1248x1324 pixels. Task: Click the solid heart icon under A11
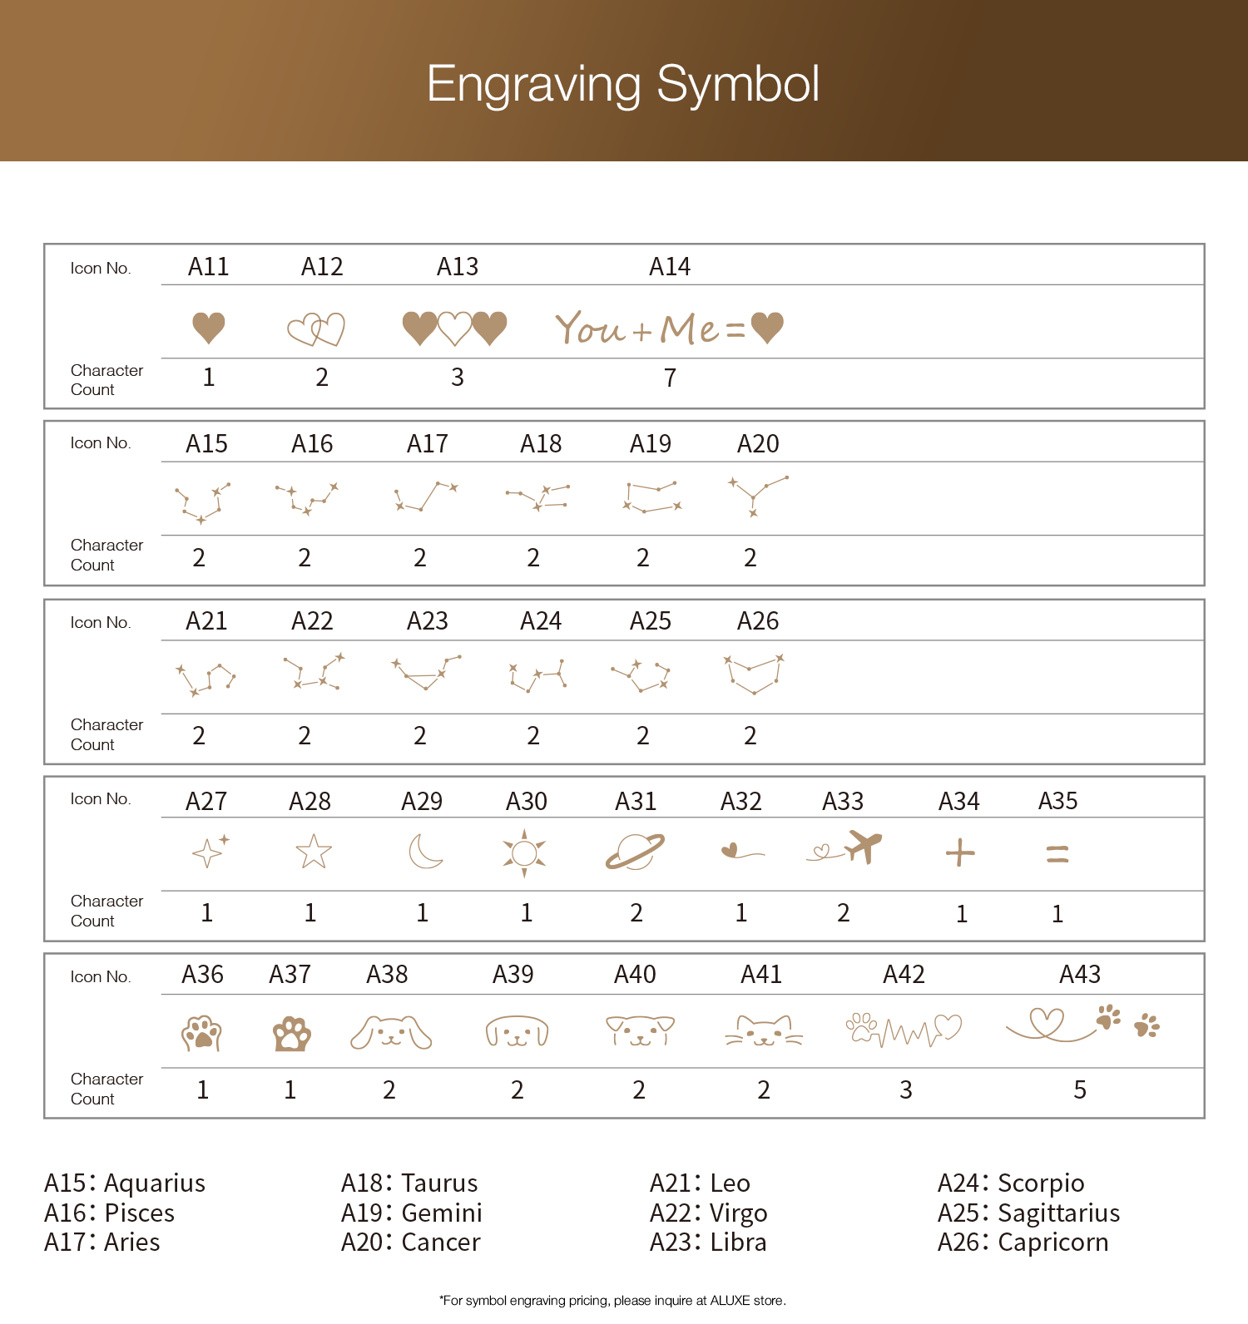(x=209, y=328)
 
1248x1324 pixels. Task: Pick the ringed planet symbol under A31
(x=635, y=852)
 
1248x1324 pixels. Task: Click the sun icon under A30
(x=524, y=852)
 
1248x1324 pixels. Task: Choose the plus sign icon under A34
(x=960, y=853)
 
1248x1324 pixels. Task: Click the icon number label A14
(x=670, y=267)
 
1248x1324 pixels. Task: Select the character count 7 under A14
(x=670, y=378)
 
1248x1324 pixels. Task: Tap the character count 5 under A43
(x=1080, y=1089)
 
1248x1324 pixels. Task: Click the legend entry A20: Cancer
(x=411, y=1242)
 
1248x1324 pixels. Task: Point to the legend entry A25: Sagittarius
(x=1028, y=1213)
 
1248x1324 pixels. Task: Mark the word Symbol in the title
(x=737, y=84)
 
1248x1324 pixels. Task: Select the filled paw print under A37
(x=291, y=1034)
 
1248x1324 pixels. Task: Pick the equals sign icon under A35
(x=1057, y=854)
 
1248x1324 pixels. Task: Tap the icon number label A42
(x=904, y=974)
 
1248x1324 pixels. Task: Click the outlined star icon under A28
(x=314, y=852)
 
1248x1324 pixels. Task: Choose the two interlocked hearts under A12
(x=316, y=329)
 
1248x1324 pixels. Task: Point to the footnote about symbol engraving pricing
(x=612, y=1301)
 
